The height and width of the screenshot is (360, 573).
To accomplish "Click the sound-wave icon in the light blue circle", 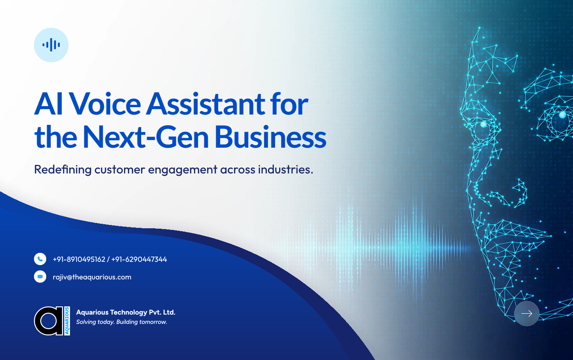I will (51, 45).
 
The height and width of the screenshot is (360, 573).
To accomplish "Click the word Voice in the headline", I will (105, 104).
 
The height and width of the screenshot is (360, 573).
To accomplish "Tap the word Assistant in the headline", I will (205, 104).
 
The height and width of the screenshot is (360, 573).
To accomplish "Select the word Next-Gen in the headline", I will (146, 137).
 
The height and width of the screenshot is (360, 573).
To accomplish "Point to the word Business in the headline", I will (271, 137).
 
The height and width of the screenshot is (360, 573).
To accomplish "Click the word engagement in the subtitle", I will (182, 170).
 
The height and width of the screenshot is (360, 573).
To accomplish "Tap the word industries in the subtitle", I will (285, 169).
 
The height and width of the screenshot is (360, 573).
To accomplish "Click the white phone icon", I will (40, 259).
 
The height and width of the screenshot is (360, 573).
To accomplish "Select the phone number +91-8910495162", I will (79, 259).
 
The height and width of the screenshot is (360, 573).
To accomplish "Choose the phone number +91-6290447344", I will (139, 259).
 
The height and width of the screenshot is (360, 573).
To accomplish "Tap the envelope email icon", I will (40, 277).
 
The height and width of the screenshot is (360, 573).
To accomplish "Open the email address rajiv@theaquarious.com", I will (92, 277).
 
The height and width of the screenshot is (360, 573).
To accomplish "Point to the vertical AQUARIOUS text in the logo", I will (67, 321).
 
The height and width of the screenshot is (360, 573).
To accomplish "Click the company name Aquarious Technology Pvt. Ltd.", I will (126, 312).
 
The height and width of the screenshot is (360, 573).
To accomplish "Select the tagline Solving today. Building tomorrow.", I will (122, 322).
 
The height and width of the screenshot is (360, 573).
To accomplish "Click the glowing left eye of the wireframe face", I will (483, 124).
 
